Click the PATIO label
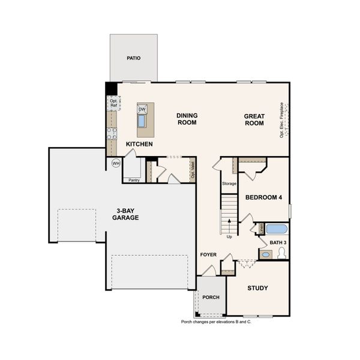pyautogui.click(x=133, y=58)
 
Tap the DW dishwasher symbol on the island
pyautogui.click(x=142, y=109)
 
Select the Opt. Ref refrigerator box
pyautogui.click(x=113, y=103)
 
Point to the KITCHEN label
pyautogui.click(x=139, y=145)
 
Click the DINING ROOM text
pyautogui.click(x=187, y=119)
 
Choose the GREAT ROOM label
pyautogui.click(x=254, y=119)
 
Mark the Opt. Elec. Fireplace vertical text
pyautogui.click(x=281, y=119)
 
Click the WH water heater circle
pyautogui.click(x=116, y=163)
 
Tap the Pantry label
pyautogui.click(x=134, y=179)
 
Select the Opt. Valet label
pyautogui.click(x=193, y=170)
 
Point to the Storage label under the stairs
pyautogui.click(x=229, y=183)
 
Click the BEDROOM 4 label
pyautogui.click(x=263, y=197)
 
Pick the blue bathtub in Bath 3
pyautogui.click(x=277, y=229)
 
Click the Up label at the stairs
pyautogui.click(x=229, y=236)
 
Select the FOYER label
pyautogui.click(x=208, y=255)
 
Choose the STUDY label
pyautogui.click(x=257, y=288)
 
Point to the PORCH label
pyautogui.click(x=211, y=297)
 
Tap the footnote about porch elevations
pyautogui.click(x=216, y=322)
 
